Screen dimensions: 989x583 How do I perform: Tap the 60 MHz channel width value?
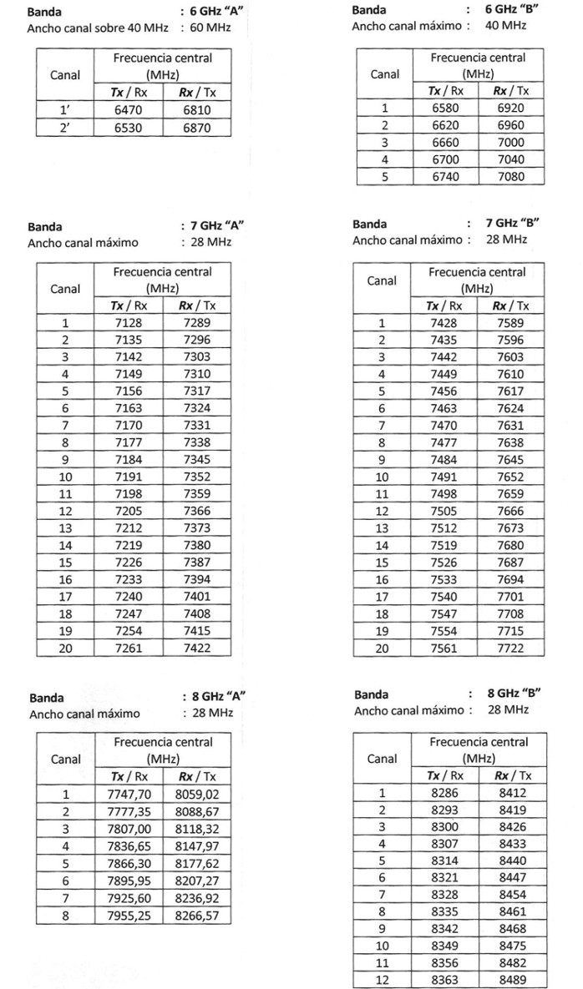211,27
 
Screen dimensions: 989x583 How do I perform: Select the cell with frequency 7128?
129,323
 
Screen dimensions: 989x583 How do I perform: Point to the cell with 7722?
510,648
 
